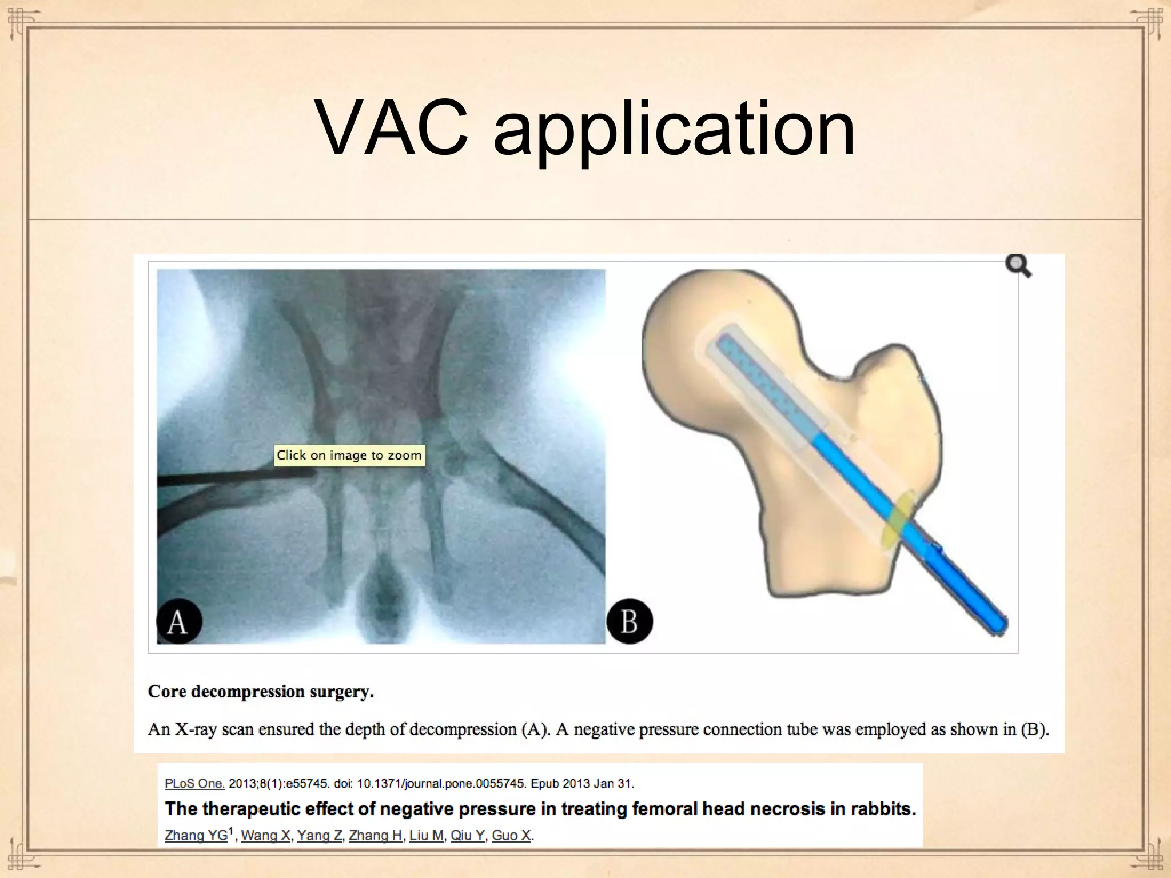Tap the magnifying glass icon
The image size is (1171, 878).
(x=1018, y=266)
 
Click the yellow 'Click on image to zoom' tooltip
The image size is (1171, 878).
(x=349, y=455)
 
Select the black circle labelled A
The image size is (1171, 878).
(x=179, y=621)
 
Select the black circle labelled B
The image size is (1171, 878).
(x=630, y=621)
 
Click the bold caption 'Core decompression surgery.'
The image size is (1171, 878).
(x=261, y=692)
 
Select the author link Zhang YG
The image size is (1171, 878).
(x=196, y=835)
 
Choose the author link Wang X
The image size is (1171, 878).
(x=265, y=835)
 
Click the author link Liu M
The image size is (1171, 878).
(x=427, y=835)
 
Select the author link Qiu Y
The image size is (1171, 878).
(x=467, y=835)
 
